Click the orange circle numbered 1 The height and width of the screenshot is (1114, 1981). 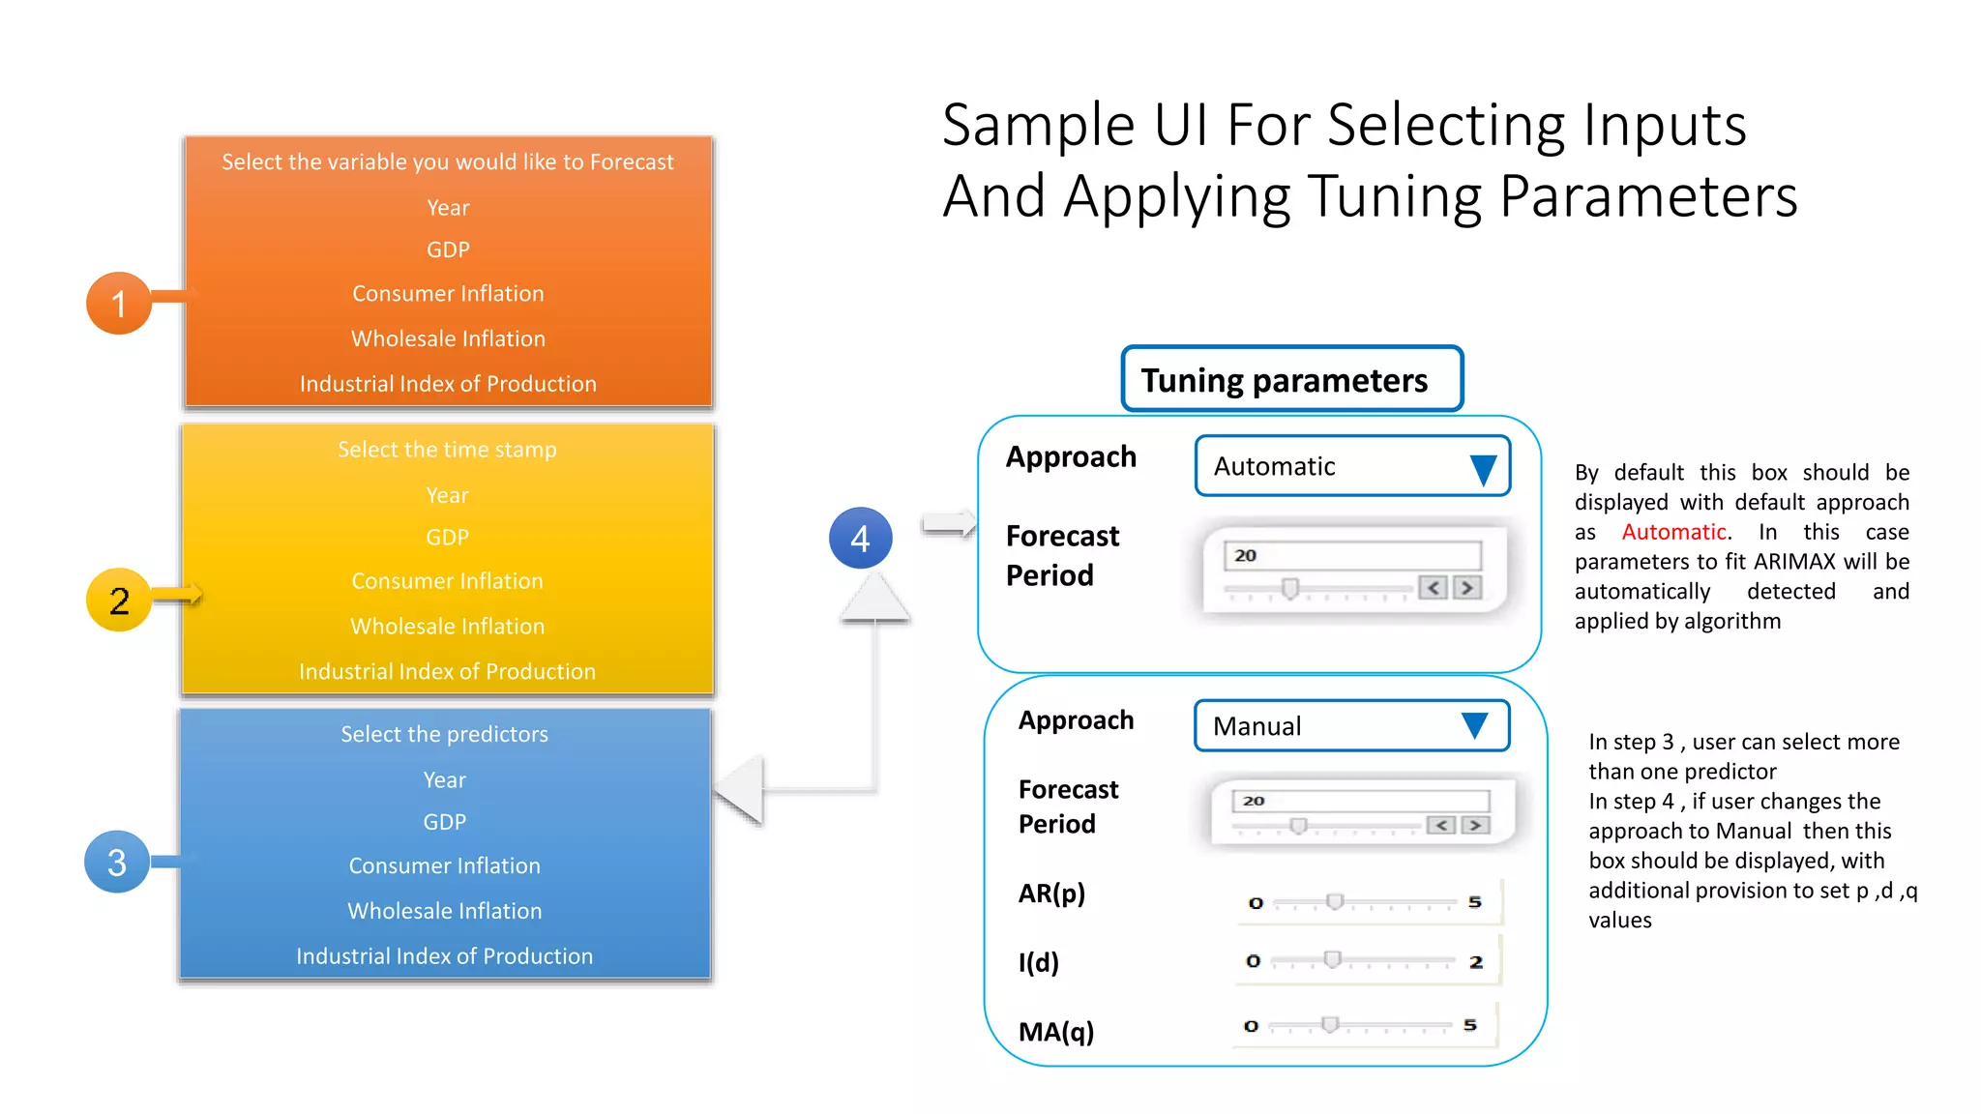point(118,304)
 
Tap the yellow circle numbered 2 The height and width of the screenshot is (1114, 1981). point(118,601)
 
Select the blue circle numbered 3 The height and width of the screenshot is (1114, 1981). point(116,862)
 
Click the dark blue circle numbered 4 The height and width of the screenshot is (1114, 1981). point(860,538)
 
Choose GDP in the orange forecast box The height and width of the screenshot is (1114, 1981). point(448,249)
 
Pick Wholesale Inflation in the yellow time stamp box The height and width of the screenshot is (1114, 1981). point(447,626)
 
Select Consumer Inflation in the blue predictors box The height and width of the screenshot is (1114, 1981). point(444,865)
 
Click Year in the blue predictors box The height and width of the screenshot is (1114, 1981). point(444,779)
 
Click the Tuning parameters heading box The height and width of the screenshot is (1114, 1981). point(1291,379)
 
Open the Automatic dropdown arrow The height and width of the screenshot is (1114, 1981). point(1483,468)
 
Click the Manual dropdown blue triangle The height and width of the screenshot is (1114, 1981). point(1474,725)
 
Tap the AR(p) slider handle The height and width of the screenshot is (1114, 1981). point(1335,901)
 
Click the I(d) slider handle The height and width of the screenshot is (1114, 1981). point(1332,959)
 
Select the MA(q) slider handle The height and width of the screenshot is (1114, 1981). point(1330,1024)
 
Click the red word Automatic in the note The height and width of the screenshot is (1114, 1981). point(1673,532)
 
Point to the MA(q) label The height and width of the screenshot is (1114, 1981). point(1056,1032)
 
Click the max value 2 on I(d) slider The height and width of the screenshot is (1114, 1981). point(1476,962)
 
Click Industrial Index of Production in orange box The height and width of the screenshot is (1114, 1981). point(448,384)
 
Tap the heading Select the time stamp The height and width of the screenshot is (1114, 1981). point(447,450)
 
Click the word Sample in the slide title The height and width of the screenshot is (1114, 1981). point(1038,126)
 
